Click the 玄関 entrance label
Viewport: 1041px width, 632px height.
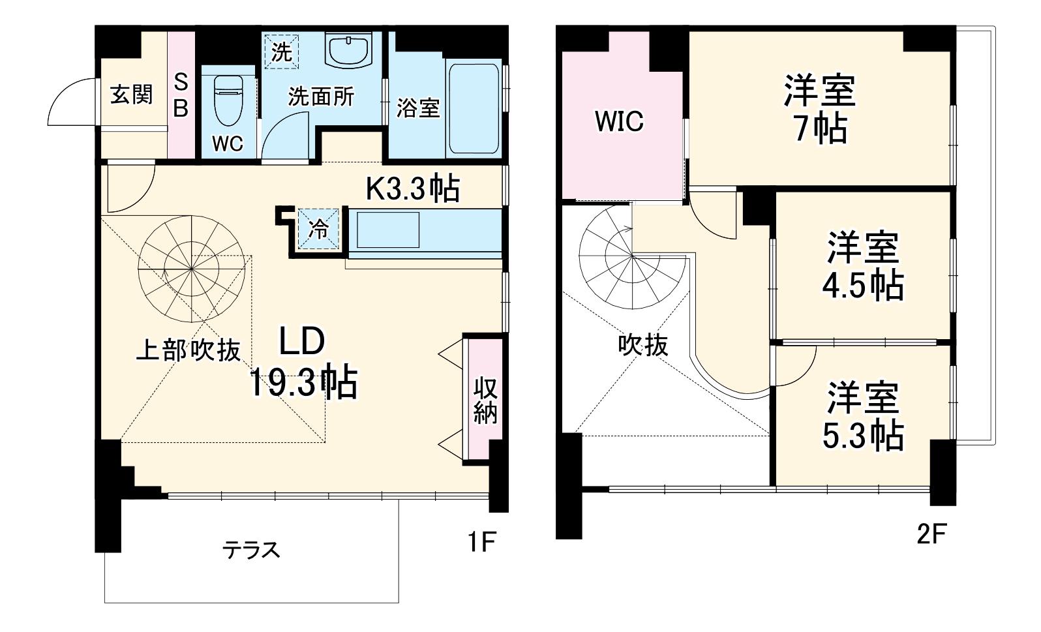click(x=132, y=95)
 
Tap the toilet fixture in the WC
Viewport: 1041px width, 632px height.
click(x=228, y=100)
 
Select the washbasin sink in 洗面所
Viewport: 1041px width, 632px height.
click(x=349, y=50)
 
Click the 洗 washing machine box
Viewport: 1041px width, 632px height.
click(x=281, y=52)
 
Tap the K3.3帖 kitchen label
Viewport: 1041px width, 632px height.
click(x=413, y=188)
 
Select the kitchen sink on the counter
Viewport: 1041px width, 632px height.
click(x=388, y=230)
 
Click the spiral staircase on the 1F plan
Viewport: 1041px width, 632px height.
click(x=192, y=269)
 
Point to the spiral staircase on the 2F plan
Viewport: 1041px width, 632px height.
click(x=633, y=256)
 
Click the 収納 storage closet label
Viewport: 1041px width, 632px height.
click(x=485, y=400)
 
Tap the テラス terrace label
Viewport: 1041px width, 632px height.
click(x=251, y=550)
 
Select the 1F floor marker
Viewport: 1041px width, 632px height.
click(x=482, y=541)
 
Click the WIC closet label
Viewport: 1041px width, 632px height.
click(x=620, y=121)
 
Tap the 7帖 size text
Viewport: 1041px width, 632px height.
click(x=821, y=128)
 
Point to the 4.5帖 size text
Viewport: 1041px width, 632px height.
click(x=863, y=285)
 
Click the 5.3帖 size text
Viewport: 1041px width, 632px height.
click(x=863, y=436)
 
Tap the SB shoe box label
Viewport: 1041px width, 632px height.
click(x=181, y=96)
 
